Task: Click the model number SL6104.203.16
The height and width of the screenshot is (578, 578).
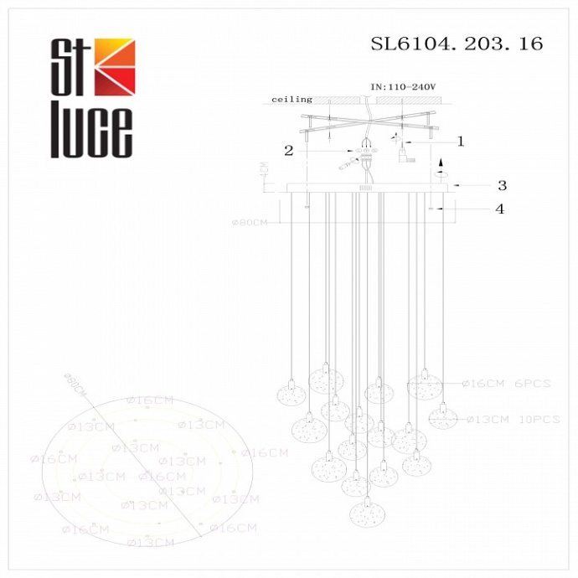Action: pos(457,44)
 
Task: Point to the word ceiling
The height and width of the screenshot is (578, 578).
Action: pos(292,100)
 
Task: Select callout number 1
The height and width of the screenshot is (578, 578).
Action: pos(459,142)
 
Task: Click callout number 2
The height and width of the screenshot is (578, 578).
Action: pos(289,151)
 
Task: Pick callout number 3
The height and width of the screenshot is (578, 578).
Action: pos(502,185)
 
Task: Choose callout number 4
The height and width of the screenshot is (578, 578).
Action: pos(500,209)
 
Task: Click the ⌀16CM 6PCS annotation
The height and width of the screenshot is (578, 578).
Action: pos(506,384)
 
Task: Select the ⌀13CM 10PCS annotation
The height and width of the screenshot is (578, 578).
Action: pos(512,419)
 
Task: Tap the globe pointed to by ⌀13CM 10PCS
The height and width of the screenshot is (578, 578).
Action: pos(441,415)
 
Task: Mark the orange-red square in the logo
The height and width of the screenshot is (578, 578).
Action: pos(113,67)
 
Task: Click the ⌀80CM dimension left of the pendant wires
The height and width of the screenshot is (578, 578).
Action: pos(249,224)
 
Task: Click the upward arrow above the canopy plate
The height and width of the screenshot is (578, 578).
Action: pos(443,168)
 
